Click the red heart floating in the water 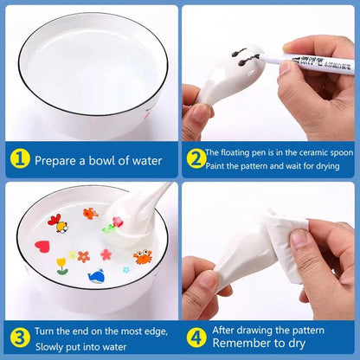pyautogui.click(x=41, y=246)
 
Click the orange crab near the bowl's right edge pyautogui.click(x=142, y=257)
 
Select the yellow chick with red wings pyautogui.click(x=61, y=227)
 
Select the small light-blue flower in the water pyautogui.click(x=125, y=268)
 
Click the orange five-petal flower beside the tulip pyautogui.click(x=83, y=257)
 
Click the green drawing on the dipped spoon pyautogui.click(x=109, y=228)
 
